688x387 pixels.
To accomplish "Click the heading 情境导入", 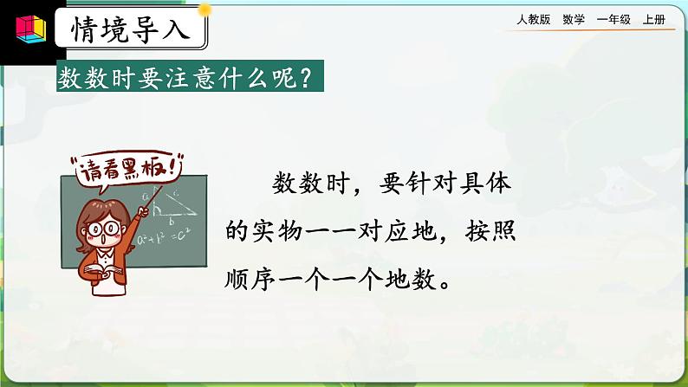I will (x=132, y=31).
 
